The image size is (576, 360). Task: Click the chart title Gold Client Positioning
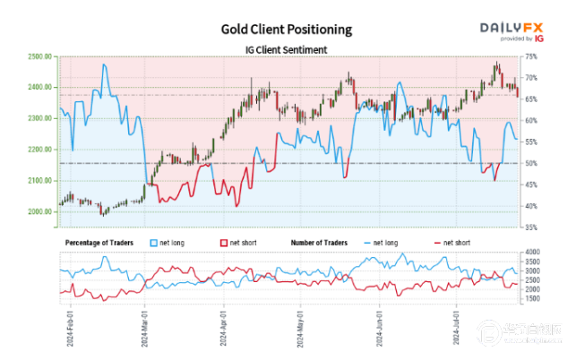tap(287, 29)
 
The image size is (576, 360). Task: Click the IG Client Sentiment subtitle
tap(287, 50)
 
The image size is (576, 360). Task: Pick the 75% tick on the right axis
tap(530, 56)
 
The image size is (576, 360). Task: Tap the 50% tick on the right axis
tap(530, 163)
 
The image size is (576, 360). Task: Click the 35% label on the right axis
tap(530, 228)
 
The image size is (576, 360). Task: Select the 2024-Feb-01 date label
tap(68, 327)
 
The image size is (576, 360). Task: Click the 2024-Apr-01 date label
tap(220, 327)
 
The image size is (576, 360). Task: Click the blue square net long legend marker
tap(154, 243)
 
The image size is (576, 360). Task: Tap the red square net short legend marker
tap(223, 243)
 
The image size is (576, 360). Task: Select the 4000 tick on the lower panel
tap(531, 253)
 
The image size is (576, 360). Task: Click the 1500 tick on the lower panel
tap(531, 299)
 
